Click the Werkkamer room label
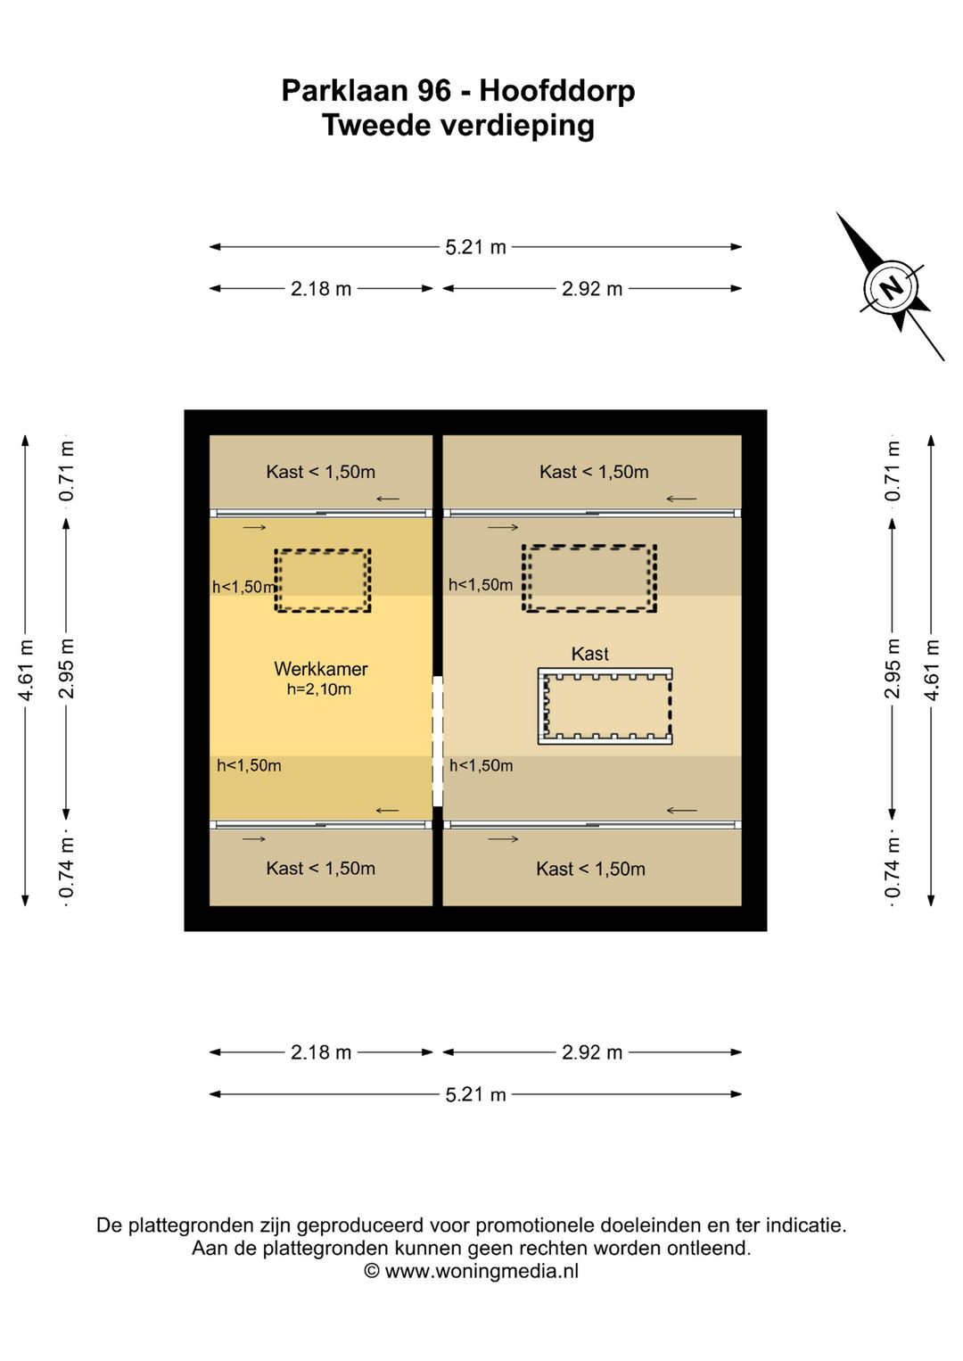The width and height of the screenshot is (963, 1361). [320, 669]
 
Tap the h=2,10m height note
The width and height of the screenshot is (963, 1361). [318, 689]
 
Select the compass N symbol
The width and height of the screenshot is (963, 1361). [891, 287]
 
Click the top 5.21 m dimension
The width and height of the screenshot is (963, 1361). [475, 247]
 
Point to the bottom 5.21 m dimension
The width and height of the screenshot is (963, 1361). [475, 1094]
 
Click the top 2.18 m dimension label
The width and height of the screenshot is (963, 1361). [321, 289]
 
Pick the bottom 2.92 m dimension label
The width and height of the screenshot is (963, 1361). [592, 1052]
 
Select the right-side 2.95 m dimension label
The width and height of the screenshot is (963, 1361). [893, 669]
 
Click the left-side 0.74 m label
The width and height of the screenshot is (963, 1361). [67, 869]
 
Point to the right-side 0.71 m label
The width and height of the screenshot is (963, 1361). [893, 470]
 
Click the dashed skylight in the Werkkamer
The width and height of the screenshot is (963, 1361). [322, 581]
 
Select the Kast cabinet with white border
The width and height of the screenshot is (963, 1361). [605, 705]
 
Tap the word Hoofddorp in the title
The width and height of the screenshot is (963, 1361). [556, 91]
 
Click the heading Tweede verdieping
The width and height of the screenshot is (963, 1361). [458, 126]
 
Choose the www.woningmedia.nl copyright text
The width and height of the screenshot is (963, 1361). [472, 1271]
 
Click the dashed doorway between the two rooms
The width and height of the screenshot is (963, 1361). [438, 740]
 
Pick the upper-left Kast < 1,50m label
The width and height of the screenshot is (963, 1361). [320, 472]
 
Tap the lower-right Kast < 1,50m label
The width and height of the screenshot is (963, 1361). [590, 869]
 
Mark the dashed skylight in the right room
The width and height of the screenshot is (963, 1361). [589, 578]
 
